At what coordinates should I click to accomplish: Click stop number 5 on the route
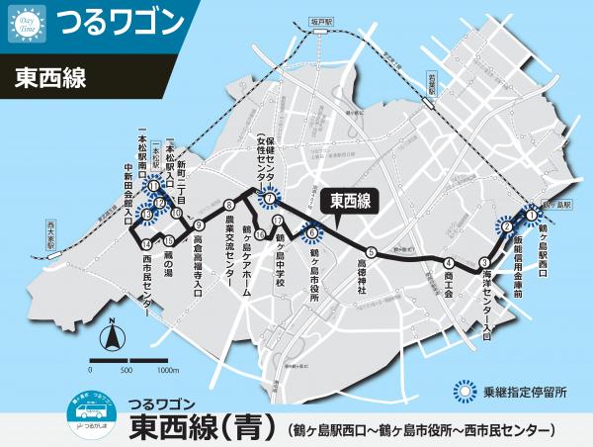[x=371, y=251]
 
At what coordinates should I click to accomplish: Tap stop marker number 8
[x=228, y=204]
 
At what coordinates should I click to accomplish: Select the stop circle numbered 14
[x=146, y=244]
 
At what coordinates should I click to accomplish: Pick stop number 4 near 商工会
[x=449, y=263]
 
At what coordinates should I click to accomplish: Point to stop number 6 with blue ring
[x=311, y=234]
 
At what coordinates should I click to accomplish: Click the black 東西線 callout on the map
[x=349, y=200]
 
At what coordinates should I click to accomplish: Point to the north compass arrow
[x=114, y=338]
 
